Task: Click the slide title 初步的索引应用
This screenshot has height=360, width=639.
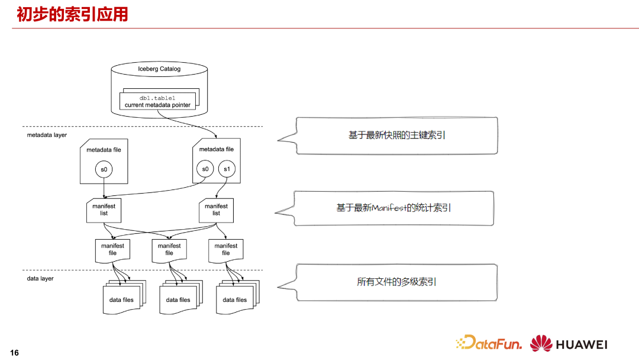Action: pos(72,14)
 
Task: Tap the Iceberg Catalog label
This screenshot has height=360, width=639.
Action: pos(159,69)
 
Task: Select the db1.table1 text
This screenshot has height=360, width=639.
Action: pos(158,97)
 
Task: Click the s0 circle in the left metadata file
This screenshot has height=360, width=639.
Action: pos(104,170)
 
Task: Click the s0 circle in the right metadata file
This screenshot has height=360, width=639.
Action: pos(205,170)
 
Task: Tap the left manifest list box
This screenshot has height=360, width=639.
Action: pos(104,210)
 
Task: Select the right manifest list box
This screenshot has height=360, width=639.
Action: pos(216,210)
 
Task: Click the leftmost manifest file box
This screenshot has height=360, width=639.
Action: pos(112,249)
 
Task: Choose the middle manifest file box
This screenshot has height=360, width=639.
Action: pos(169,249)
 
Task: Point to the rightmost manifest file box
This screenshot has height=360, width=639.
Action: pos(225,249)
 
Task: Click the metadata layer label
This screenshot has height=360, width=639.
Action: pos(47,135)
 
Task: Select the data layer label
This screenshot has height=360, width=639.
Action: pos(40,278)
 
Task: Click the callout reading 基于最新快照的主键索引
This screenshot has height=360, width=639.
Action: pos(396,136)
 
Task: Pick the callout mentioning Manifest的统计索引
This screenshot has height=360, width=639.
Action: pos(393,208)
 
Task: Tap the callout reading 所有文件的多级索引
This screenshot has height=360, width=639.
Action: pos(396,282)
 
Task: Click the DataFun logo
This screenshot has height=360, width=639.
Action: pos(489,343)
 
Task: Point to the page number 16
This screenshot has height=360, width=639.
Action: pos(14,353)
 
